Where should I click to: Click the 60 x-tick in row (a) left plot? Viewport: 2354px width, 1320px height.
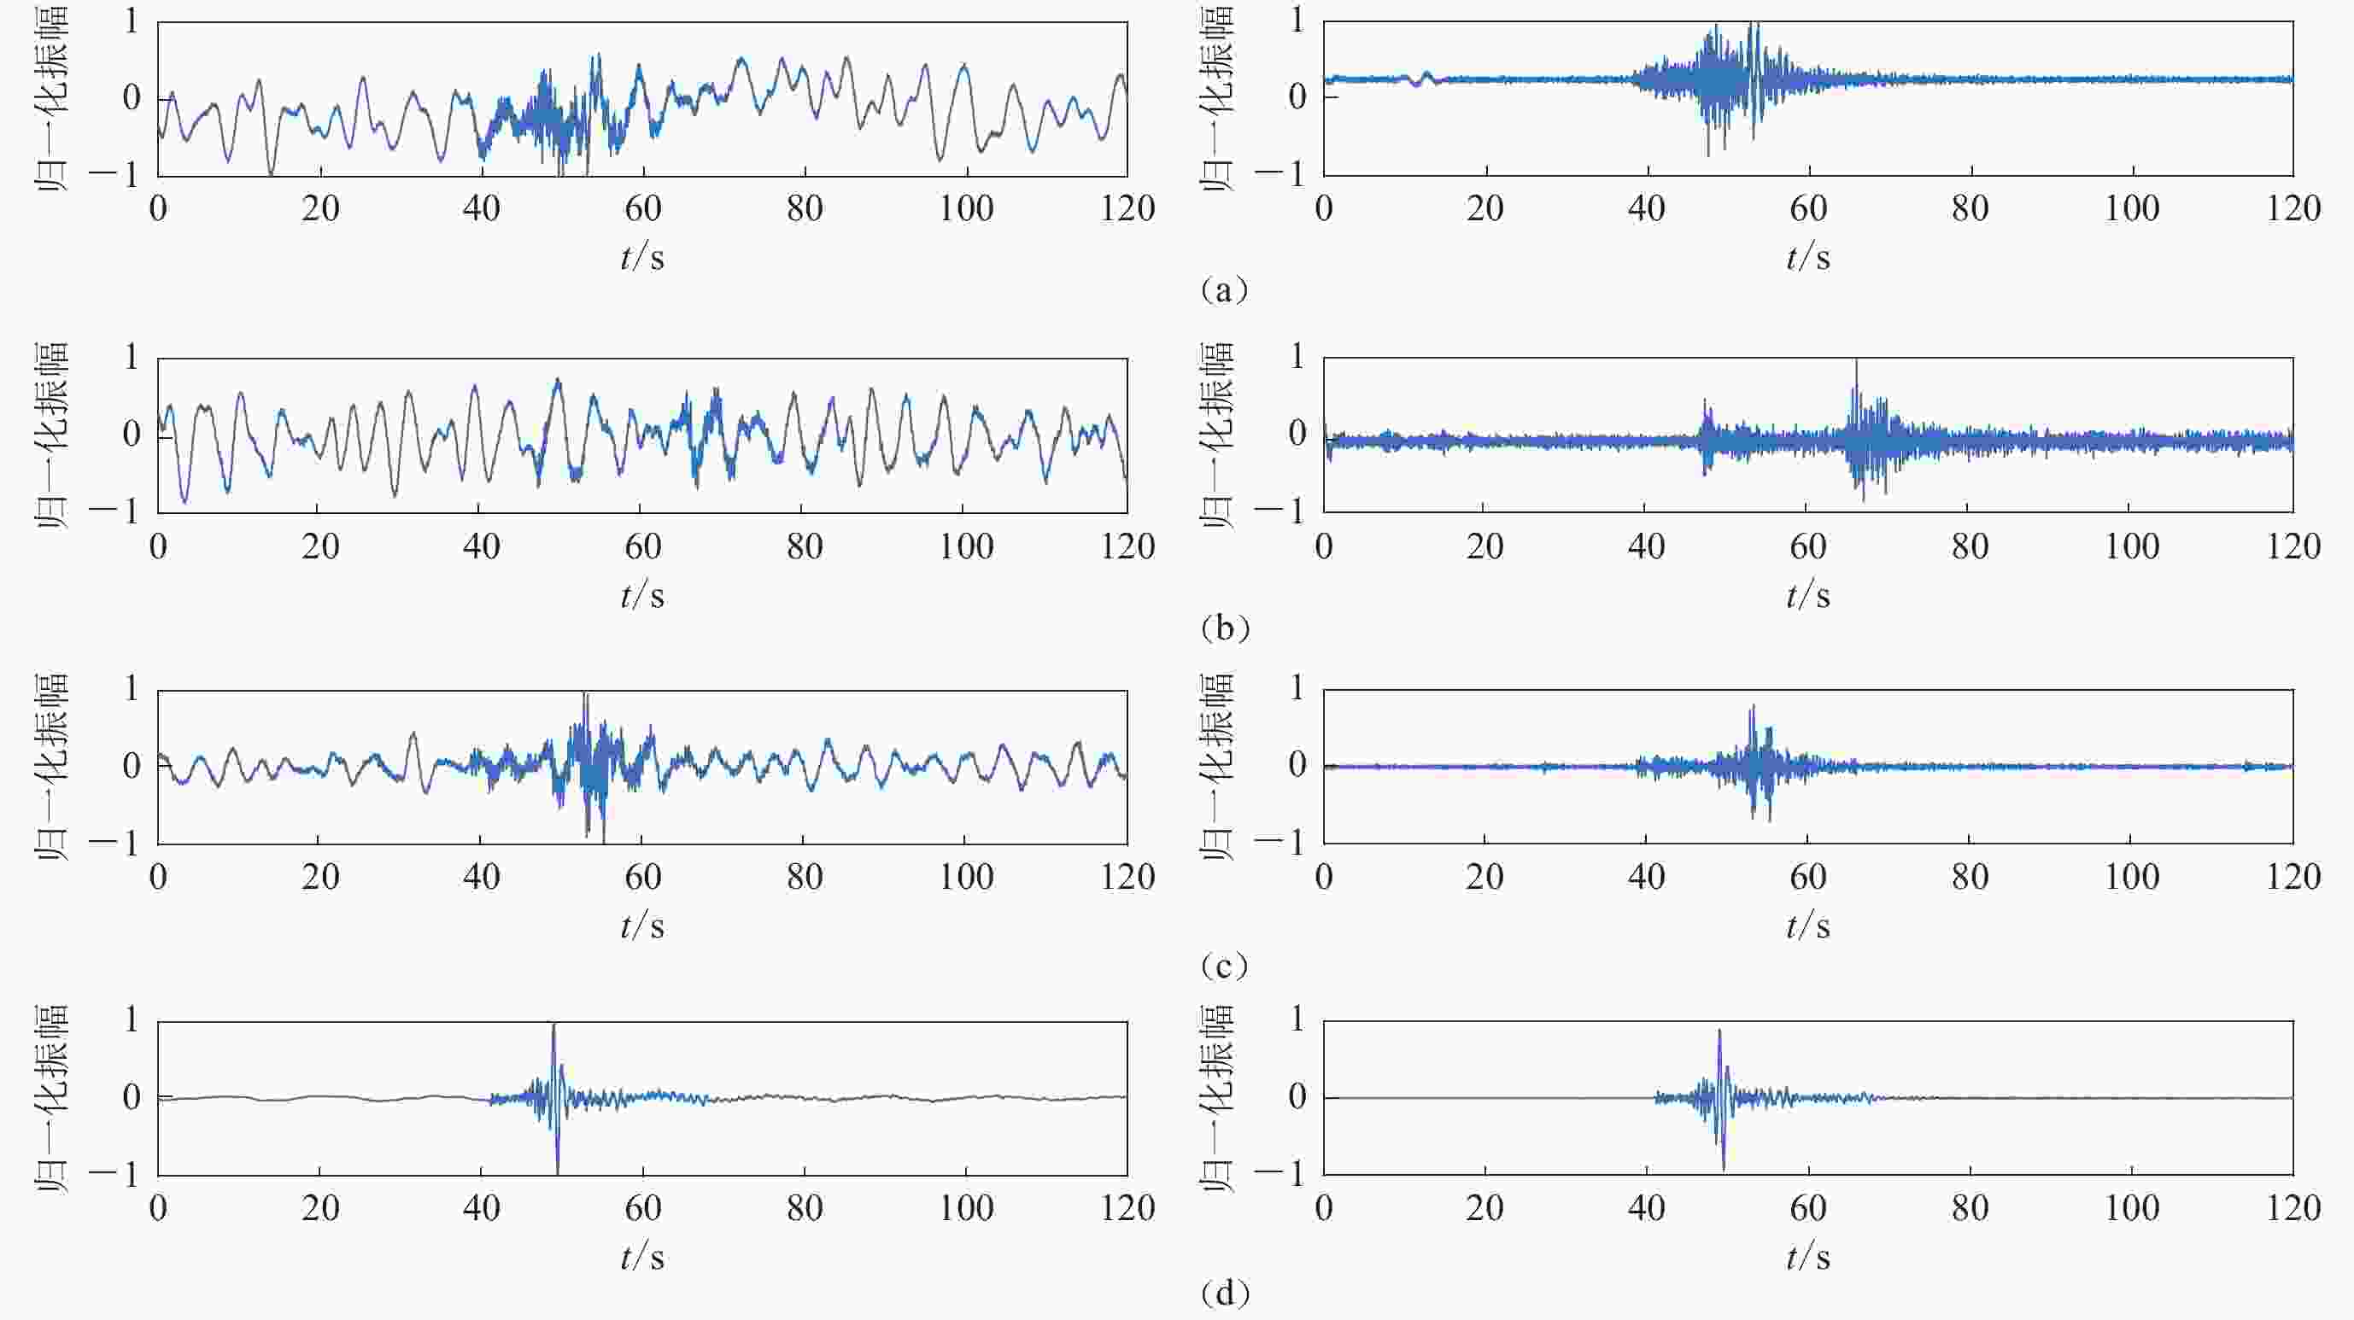point(642,209)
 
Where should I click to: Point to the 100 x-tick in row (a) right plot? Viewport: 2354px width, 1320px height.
point(2132,209)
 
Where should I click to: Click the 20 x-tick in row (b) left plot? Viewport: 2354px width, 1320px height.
point(319,546)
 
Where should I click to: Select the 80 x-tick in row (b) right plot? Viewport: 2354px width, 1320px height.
point(1970,546)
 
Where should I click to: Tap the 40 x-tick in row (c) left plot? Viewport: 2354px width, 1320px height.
point(481,877)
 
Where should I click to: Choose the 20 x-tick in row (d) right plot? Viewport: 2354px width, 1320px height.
point(1485,1208)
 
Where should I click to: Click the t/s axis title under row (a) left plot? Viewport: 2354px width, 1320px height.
point(642,258)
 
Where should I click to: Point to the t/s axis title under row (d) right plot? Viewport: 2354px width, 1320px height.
point(1808,1258)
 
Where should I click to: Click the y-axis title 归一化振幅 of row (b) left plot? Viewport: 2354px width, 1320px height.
point(52,435)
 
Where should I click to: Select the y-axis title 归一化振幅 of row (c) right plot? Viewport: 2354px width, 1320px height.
point(1218,768)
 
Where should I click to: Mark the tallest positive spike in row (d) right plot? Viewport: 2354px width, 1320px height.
point(1720,1032)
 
